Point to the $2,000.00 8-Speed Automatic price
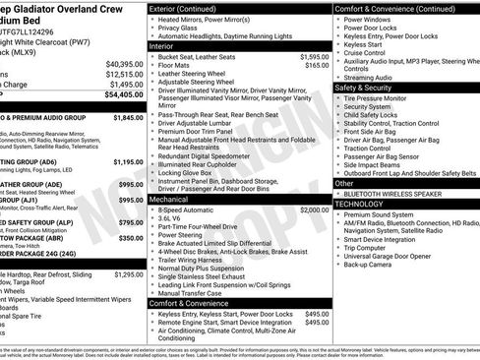(x=315, y=210)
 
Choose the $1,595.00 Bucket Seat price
(x=315, y=56)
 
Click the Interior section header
(x=168, y=45)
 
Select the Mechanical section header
(x=175, y=198)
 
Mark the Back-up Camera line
(x=373, y=265)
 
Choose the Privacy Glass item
(x=177, y=28)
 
